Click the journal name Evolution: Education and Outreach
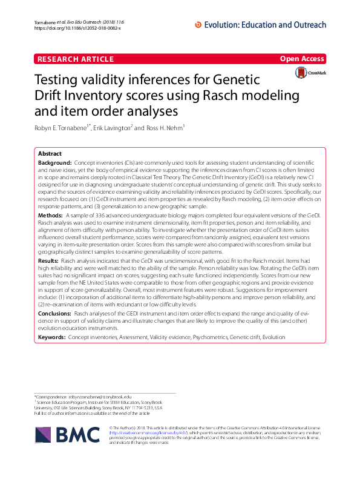pyautogui.click(x=266, y=25)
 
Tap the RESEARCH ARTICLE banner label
pyautogui.click(x=75, y=59)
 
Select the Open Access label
pyautogui.click(x=303, y=59)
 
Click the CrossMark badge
pyautogui.click(x=310, y=73)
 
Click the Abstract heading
pyautogui.click(x=50, y=154)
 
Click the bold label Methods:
pyautogui.click(x=50, y=215)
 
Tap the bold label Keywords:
pyautogui.click(x=51, y=336)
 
